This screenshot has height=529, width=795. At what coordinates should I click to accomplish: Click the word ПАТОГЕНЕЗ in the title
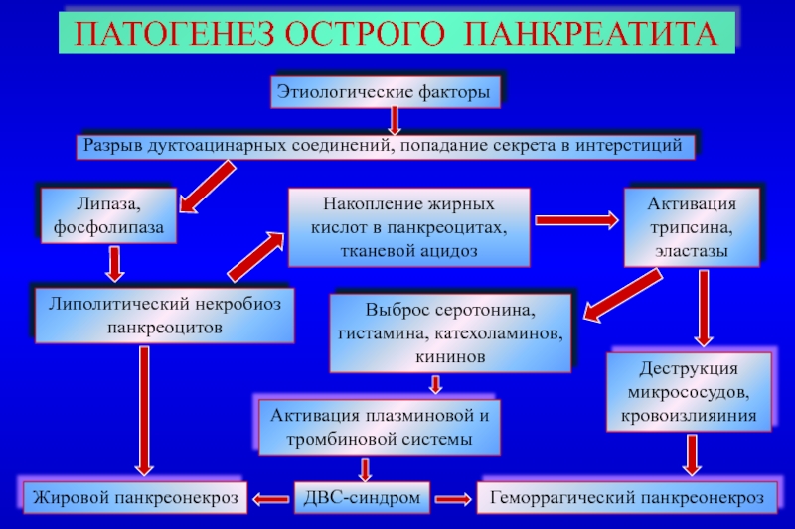(175, 34)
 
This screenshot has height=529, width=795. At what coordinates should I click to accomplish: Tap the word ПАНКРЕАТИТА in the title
(591, 34)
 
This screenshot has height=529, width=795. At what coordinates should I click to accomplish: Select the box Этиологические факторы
(386, 92)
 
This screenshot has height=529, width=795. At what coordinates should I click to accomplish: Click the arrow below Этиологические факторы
(394, 121)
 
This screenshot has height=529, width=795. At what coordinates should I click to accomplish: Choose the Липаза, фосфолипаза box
(108, 215)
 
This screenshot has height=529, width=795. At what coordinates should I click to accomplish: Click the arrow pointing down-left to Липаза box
(208, 187)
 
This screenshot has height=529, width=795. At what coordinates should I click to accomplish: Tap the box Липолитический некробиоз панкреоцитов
(164, 316)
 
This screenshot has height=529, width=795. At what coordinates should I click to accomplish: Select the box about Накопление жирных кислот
(409, 227)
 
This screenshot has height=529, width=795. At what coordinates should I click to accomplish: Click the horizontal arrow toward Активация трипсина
(577, 220)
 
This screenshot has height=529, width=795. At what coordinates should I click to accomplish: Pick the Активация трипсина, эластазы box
(692, 227)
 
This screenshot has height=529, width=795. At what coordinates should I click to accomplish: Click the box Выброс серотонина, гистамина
(450, 333)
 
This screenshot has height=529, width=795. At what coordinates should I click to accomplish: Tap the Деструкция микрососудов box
(689, 392)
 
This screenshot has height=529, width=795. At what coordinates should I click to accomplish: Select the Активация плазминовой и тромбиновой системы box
(380, 427)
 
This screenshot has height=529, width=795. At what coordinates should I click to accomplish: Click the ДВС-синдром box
(362, 497)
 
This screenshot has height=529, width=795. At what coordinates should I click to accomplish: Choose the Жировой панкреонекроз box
(135, 497)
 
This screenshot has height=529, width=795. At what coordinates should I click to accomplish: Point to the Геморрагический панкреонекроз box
(627, 497)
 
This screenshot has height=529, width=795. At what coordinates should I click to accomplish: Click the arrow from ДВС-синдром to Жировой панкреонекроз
(270, 499)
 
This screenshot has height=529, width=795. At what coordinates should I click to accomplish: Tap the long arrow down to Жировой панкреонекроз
(144, 411)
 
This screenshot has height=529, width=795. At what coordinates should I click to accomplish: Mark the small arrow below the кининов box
(435, 384)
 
